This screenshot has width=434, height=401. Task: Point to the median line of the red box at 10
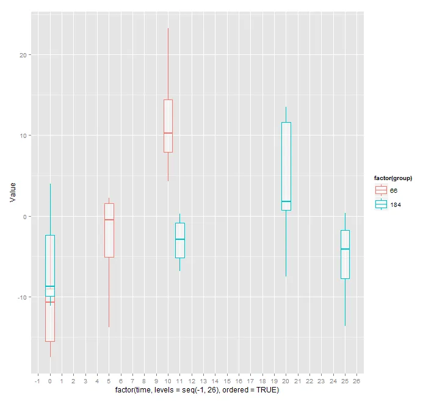168,133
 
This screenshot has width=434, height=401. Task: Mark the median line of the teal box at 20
286,201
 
